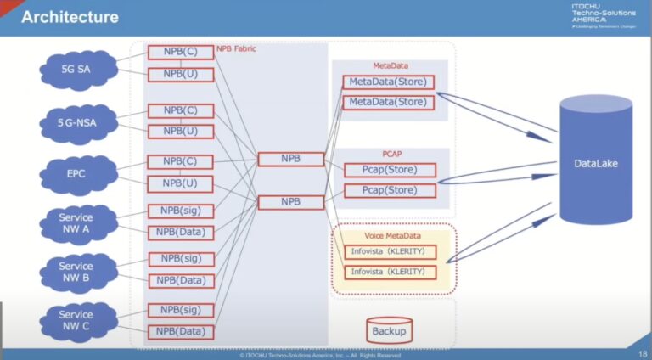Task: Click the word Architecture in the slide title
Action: pyautogui.click(x=70, y=16)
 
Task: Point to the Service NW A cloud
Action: pyautogui.click(x=75, y=224)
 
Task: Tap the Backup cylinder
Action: pyautogui.click(x=388, y=330)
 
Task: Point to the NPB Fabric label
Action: pyautogui.click(x=236, y=49)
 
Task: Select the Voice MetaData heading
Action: pyautogui.click(x=391, y=235)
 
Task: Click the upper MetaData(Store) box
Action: pyautogui.click(x=388, y=82)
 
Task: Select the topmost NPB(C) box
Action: pyautogui.click(x=180, y=53)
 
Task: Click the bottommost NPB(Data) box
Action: pyautogui.click(x=180, y=332)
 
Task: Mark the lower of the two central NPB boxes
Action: pyautogui.click(x=291, y=202)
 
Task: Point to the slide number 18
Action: pyautogui.click(x=640, y=352)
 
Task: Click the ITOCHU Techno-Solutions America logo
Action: pyautogui.click(x=602, y=16)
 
